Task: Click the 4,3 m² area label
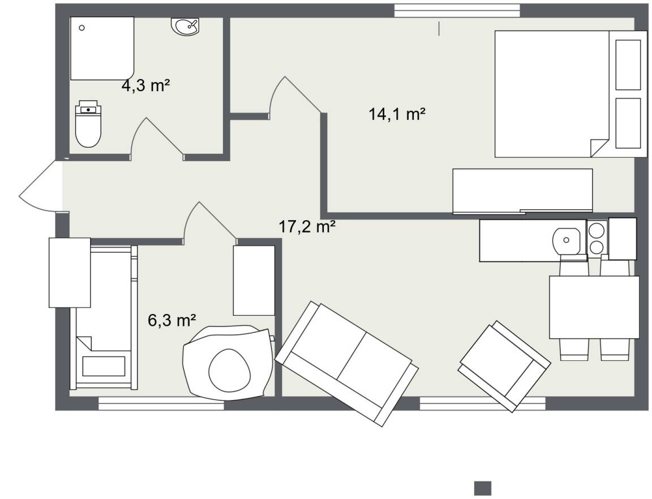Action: tap(145, 85)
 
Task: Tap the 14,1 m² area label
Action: tap(397, 114)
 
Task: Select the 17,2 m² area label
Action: tap(307, 227)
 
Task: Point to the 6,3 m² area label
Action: tap(171, 321)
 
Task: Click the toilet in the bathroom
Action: tap(88, 123)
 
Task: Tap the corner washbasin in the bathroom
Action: tap(186, 26)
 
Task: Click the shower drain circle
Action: tap(82, 28)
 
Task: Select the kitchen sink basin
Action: tap(566, 240)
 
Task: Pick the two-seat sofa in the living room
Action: tap(347, 364)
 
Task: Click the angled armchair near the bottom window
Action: tap(504, 366)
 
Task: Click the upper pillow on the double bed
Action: tap(628, 64)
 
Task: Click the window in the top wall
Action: tap(457, 11)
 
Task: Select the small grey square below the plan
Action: tap(483, 488)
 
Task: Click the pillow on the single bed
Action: tap(104, 366)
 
